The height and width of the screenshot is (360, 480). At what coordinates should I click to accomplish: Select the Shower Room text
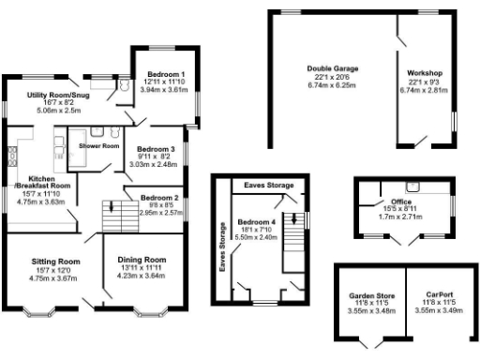click(x=98, y=146)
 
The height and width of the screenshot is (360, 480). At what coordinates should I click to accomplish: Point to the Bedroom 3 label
click(x=157, y=149)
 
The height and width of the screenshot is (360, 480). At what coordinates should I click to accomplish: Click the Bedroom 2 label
click(x=159, y=198)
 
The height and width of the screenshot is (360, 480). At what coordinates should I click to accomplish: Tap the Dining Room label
click(x=142, y=259)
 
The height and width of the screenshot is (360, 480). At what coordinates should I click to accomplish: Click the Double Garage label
click(x=333, y=68)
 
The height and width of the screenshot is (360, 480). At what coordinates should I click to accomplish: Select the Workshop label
click(x=425, y=73)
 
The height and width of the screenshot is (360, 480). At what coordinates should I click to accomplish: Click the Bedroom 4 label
click(x=255, y=220)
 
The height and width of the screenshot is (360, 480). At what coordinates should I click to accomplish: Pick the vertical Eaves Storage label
click(x=222, y=246)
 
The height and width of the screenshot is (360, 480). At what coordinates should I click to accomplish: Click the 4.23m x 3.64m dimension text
click(x=142, y=276)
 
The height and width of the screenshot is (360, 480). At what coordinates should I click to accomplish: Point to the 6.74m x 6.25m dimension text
click(x=333, y=84)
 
